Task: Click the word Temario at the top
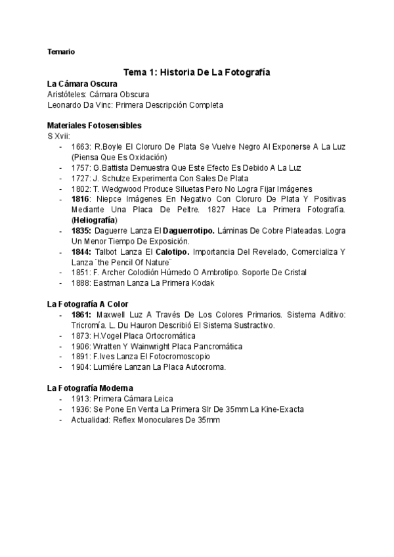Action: pyautogui.click(x=61, y=51)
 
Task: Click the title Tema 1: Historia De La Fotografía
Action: pyautogui.click(x=197, y=72)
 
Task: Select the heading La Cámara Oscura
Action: pyautogui.click(x=83, y=84)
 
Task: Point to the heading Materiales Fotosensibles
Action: pyautogui.click(x=95, y=125)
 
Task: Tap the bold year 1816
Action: pyautogui.click(x=81, y=199)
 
